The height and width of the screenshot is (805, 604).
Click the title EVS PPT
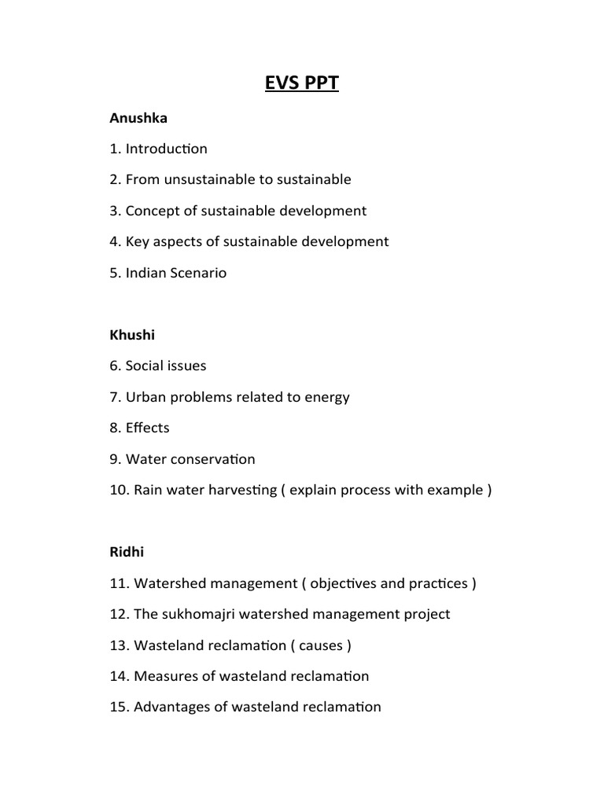[302, 83]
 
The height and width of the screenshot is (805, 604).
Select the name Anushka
[138, 118]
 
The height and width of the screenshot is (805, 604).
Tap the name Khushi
[132, 335]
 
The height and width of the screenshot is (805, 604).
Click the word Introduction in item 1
[167, 149]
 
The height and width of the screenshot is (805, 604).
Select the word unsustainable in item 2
[202, 179]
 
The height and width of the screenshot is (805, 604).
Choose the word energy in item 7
[327, 397]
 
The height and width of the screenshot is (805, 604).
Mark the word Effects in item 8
[148, 428]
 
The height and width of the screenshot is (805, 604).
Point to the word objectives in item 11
[344, 583]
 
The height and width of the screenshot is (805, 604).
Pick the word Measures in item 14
[164, 676]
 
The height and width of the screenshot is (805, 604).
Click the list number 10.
[119, 490]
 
